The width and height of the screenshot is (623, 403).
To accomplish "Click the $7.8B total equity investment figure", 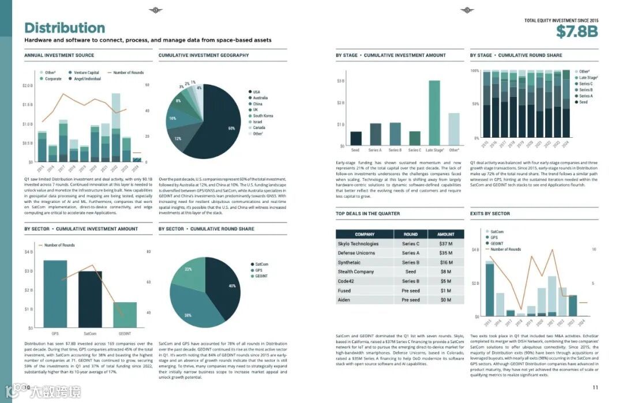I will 577,31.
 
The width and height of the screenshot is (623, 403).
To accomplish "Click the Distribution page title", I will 65,28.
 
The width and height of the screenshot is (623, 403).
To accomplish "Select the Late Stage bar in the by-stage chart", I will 434,113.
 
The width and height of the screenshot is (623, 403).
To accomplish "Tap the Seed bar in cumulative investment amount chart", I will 356,138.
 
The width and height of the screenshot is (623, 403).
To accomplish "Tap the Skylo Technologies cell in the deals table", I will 358,244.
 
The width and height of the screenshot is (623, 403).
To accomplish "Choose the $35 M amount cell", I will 445,253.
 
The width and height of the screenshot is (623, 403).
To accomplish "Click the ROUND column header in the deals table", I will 411,235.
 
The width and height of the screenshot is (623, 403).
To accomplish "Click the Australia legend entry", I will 260,98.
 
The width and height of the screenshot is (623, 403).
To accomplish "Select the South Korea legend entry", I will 263,116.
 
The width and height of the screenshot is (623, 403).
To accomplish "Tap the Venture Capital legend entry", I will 87,73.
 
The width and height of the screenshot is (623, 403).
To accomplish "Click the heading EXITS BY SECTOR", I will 490,213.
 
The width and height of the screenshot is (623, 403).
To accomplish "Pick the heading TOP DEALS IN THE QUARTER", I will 367,213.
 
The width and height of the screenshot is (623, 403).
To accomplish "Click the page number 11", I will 595,387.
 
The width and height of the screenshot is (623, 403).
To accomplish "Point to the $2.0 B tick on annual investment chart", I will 27,86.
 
